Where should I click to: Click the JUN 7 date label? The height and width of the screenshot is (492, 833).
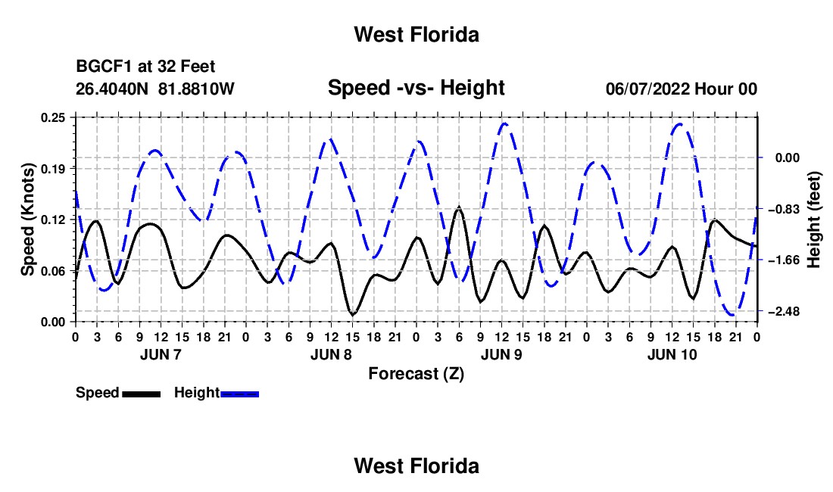click(x=161, y=354)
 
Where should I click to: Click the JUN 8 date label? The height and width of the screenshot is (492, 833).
click(x=331, y=354)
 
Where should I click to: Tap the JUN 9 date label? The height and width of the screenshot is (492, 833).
click(x=501, y=354)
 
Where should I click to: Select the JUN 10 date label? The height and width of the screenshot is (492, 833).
click(x=672, y=354)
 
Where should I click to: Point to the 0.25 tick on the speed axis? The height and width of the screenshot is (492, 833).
click(x=53, y=117)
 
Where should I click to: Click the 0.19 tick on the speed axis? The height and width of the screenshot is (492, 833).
click(x=53, y=169)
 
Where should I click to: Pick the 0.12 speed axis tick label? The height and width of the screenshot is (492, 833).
click(x=53, y=220)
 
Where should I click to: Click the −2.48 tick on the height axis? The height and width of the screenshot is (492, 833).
click(x=784, y=312)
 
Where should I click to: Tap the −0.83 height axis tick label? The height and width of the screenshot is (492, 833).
click(x=784, y=209)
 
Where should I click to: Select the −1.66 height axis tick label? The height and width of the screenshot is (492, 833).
click(x=784, y=260)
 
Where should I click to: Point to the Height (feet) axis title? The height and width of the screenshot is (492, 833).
click(x=814, y=220)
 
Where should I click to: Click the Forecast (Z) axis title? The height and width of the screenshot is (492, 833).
click(x=416, y=374)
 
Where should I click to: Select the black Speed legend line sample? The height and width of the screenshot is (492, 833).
click(x=142, y=394)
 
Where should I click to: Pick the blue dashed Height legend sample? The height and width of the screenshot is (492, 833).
click(x=239, y=394)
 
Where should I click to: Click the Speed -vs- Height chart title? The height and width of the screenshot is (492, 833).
click(x=416, y=88)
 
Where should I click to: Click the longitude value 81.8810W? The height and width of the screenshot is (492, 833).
click(x=197, y=89)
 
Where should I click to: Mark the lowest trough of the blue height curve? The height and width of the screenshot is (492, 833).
click(x=733, y=316)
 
